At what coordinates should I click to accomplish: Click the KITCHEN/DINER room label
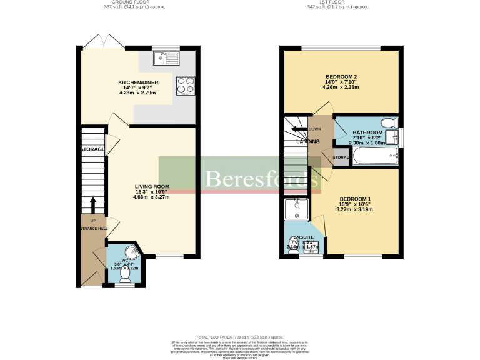[137, 82]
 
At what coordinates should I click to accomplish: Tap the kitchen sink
[166, 57]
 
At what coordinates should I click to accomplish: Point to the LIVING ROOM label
[152, 186]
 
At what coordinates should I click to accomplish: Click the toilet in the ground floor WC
[125, 271]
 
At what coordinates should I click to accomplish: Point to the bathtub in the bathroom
[374, 156]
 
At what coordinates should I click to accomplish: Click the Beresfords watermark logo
[257, 179]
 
